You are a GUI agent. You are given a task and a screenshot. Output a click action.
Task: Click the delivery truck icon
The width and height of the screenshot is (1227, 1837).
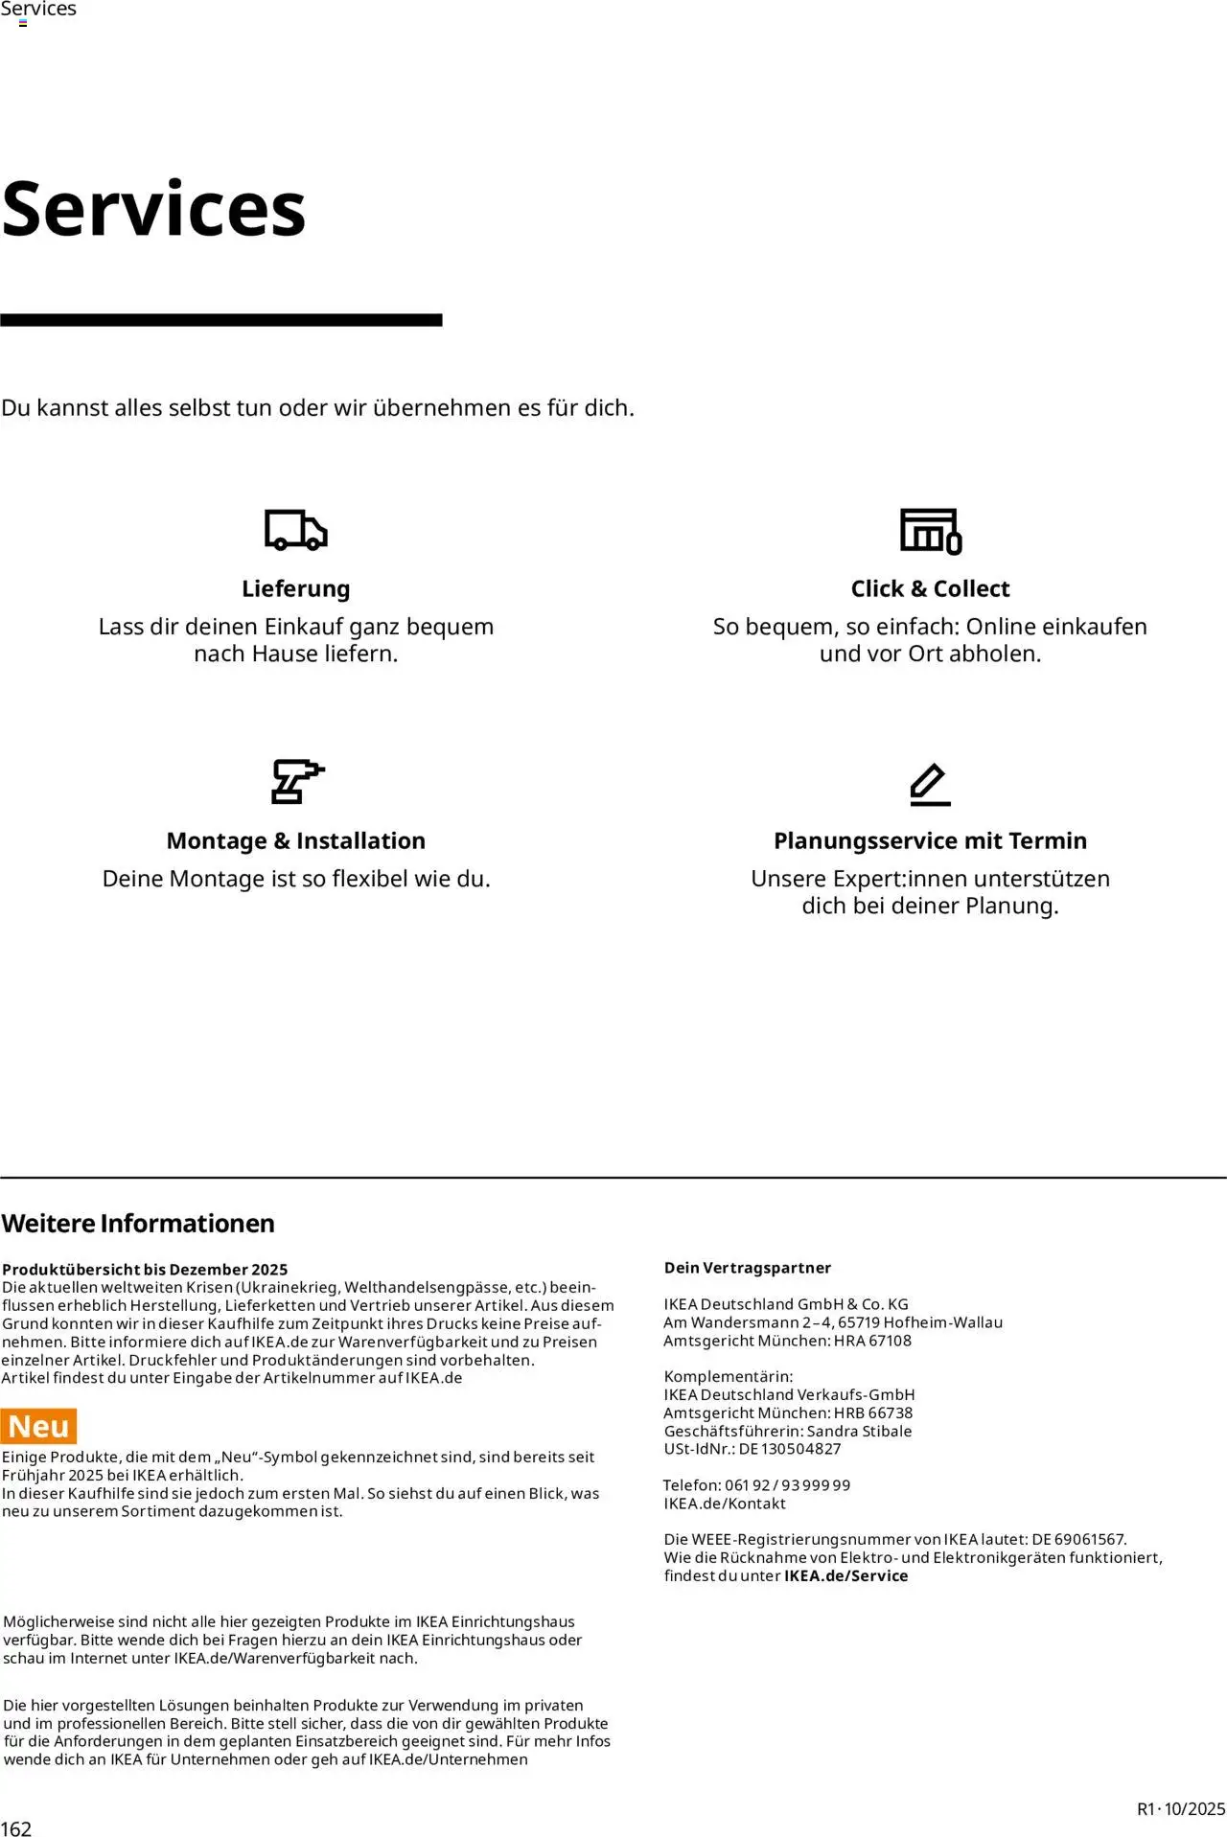coord(295,530)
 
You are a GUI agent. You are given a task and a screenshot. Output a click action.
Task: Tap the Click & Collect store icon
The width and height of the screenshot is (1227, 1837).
coord(930,531)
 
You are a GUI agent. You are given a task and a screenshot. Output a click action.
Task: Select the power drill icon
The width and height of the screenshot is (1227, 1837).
coord(297,781)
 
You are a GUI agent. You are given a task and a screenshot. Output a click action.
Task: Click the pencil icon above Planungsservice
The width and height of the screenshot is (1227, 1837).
coord(930,785)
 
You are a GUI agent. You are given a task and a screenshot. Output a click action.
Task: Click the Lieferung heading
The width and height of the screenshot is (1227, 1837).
coord(295,588)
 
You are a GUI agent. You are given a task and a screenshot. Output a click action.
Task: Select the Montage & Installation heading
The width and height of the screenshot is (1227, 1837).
coord(295,840)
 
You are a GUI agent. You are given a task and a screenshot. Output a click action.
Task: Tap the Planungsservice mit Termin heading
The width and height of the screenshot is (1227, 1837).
coord(930,840)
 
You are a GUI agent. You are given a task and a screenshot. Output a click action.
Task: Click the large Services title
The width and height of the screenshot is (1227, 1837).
coord(153,209)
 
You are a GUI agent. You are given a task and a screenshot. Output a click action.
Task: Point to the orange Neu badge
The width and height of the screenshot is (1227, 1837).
coord(39,1426)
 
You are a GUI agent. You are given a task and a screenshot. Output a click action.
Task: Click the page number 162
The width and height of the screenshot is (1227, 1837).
coord(16,1827)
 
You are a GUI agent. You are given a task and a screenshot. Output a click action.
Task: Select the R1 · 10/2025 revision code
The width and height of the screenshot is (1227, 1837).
coord(1180,1808)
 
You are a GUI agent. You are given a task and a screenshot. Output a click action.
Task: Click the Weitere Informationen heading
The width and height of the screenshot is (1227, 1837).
coord(138,1223)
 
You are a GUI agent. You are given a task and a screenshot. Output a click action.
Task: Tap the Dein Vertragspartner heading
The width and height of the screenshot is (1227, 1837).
coord(748,1267)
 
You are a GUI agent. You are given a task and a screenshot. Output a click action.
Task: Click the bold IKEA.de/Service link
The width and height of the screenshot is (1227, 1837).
coord(845,1575)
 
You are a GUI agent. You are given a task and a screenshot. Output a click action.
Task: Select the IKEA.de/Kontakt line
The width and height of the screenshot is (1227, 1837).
coord(725,1504)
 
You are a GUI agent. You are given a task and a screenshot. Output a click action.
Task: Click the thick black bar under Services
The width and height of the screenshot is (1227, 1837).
coord(220,320)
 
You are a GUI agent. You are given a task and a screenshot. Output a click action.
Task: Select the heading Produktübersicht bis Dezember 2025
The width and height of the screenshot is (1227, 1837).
coord(145,1269)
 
